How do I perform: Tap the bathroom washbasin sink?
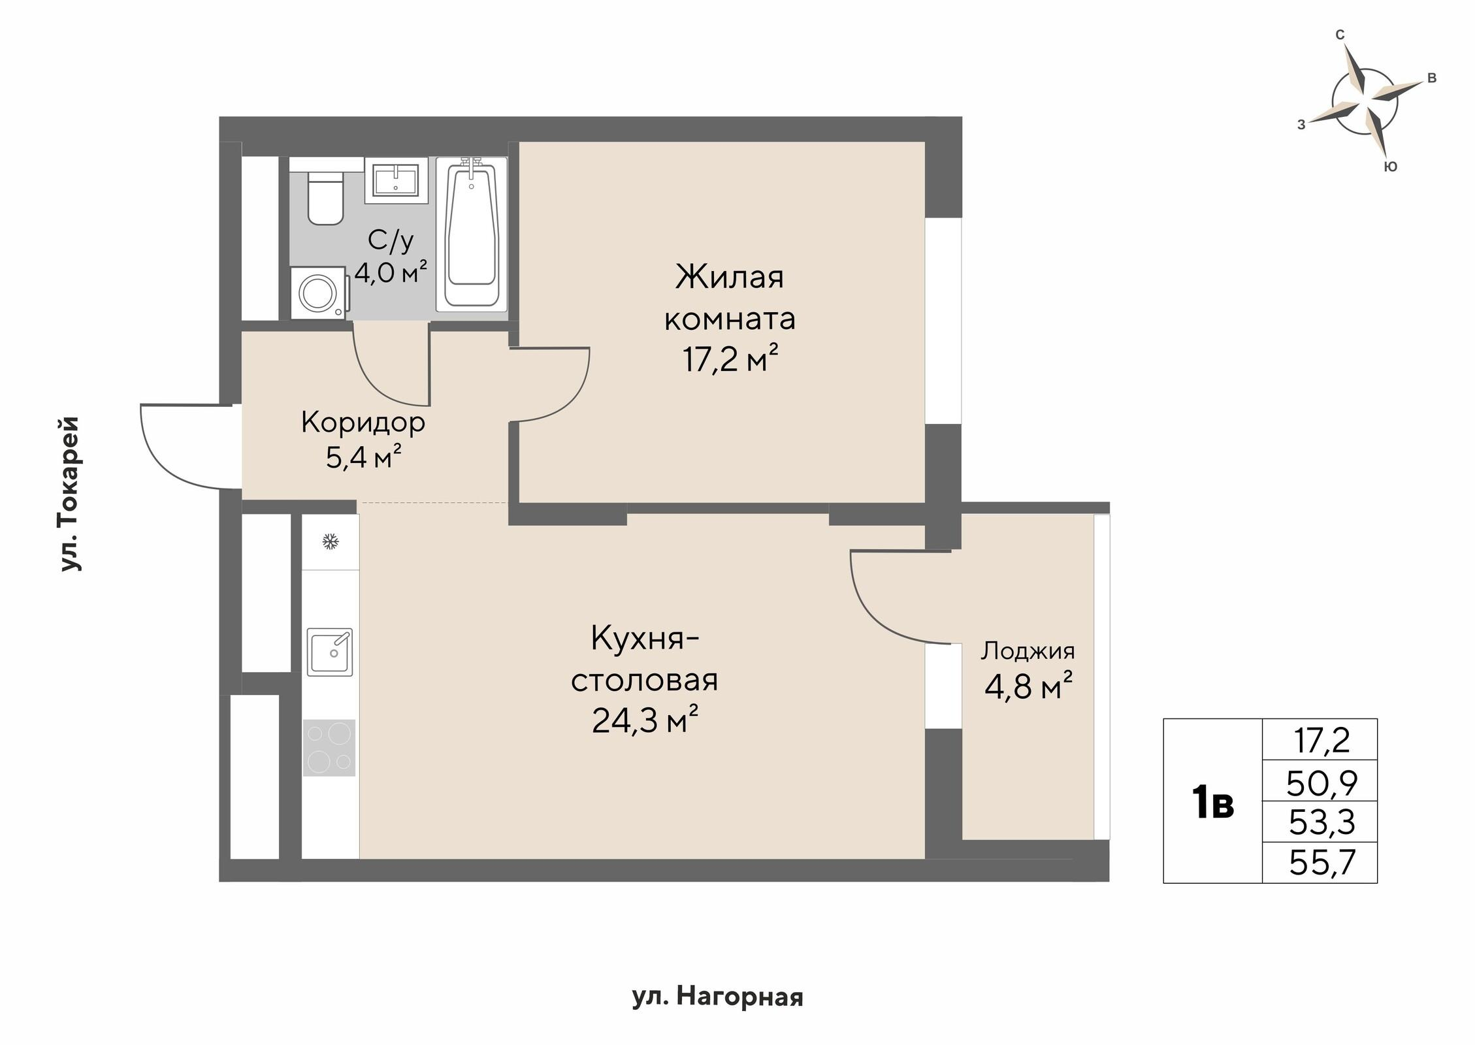point(396,180)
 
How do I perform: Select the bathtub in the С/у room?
point(471,233)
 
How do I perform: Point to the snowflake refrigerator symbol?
point(331,541)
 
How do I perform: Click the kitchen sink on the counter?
point(330,652)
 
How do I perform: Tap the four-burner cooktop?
point(329,747)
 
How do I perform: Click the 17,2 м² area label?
point(730,359)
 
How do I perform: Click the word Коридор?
point(363,423)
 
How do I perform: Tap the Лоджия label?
point(1028,651)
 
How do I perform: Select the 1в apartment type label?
point(1213,803)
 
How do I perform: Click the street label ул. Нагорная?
point(717,997)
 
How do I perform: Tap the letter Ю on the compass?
point(1391,167)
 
